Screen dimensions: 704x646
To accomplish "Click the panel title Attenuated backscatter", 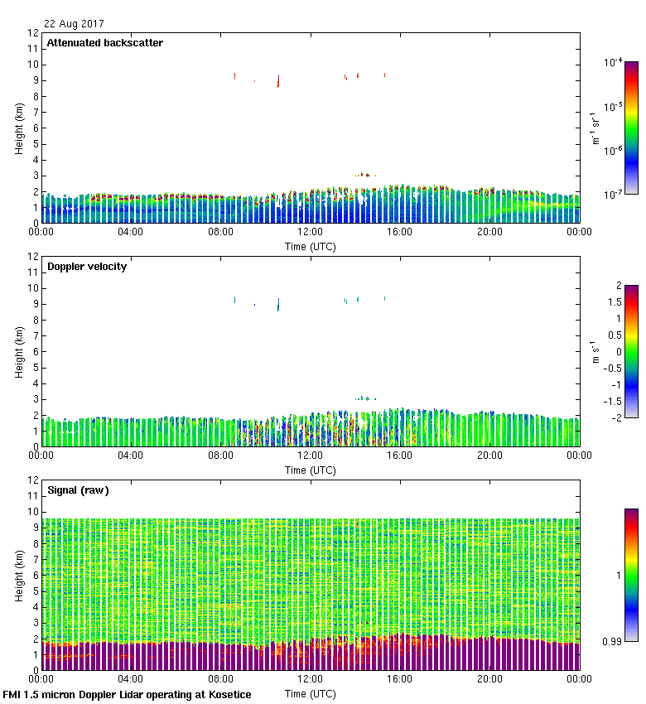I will pyautogui.click(x=104, y=43).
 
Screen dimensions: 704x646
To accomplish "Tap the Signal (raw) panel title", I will pyautogui.click(x=78, y=490).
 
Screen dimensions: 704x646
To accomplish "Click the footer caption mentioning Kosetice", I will pyautogui.click(x=127, y=695).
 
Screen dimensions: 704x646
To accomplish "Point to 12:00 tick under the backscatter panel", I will pyautogui.click(x=310, y=232).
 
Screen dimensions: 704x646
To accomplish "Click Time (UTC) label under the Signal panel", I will pyautogui.click(x=310, y=693).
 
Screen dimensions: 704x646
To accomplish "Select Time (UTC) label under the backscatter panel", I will pyautogui.click(x=310, y=246).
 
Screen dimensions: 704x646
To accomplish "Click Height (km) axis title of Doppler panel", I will pyautogui.click(x=18, y=352).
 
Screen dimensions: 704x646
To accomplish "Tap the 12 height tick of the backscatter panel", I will pyautogui.click(x=34, y=33).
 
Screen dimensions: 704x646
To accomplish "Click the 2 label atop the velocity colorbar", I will pyautogui.click(x=618, y=286).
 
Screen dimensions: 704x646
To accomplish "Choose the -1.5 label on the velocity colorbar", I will pyautogui.click(x=615, y=401).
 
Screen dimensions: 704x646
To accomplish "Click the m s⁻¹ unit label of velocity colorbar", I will pyautogui.click(x=595, y=352).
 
